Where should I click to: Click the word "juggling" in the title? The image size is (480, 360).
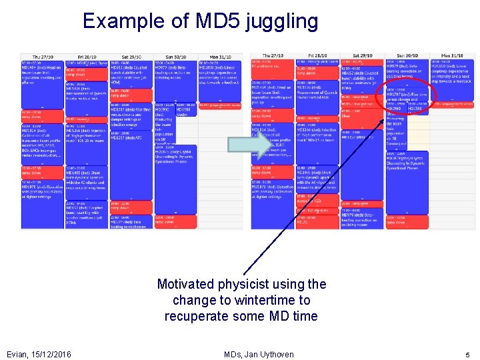282,22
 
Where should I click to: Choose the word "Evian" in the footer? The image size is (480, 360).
17,354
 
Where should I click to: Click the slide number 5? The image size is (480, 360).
467,354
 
